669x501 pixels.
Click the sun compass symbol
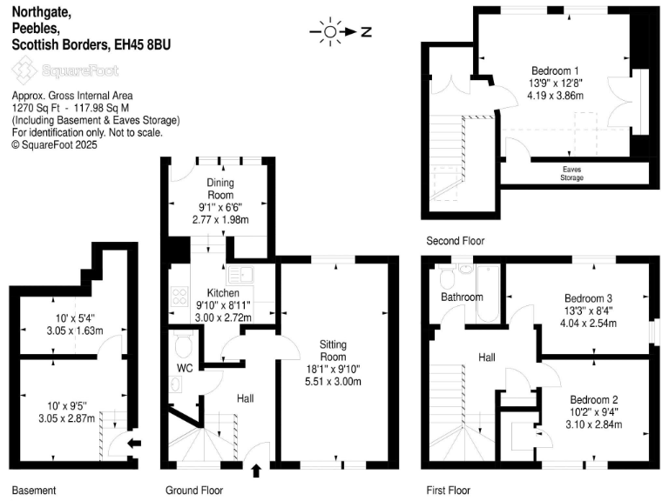(329, 33)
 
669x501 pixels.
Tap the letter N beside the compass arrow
(367, 33)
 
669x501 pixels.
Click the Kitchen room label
(223, 293)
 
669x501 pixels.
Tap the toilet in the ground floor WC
(182, 345)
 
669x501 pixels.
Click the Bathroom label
(461, 297)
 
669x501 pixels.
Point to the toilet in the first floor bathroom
(447, 277)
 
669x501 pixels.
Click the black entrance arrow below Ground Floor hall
(256, 471)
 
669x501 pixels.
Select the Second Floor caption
(455, 241)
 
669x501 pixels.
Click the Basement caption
(33, 490)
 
